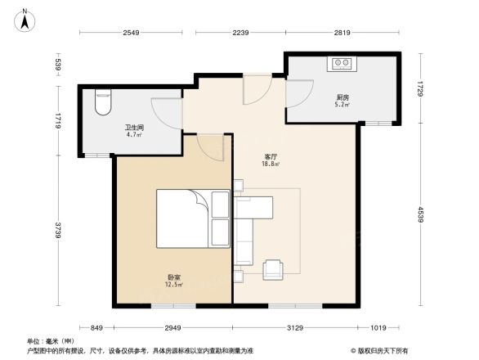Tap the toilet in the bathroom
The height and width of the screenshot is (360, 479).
tap(102, 102)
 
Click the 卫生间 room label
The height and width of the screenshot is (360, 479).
tap(134, 128)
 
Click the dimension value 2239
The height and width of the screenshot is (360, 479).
tap(239, 33)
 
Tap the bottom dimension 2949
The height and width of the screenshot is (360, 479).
tap(172, 328)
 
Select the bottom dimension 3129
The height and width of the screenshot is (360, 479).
tap(295, 328)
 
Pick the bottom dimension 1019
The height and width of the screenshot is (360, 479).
tap(377, 328)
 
